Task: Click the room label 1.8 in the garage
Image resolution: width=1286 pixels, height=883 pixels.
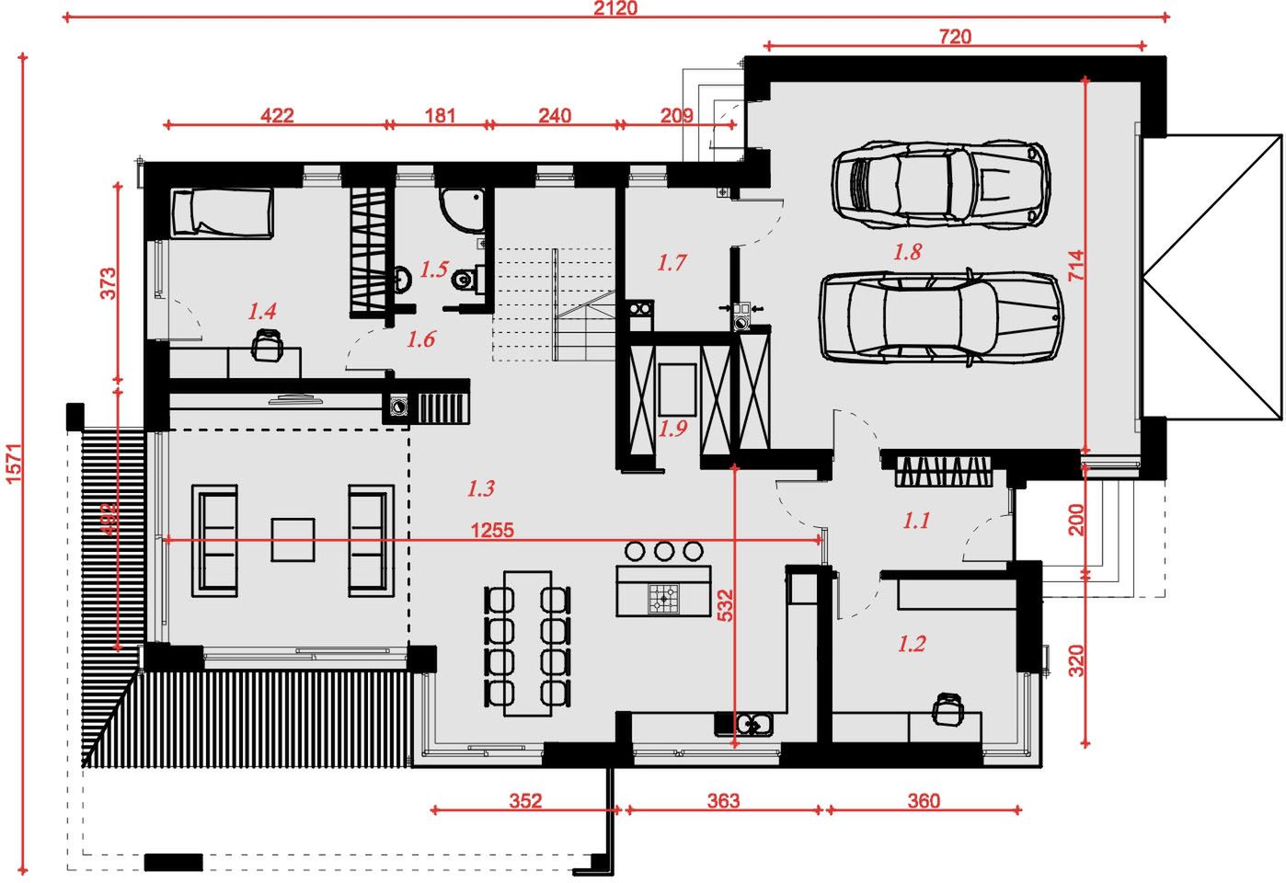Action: [x=907, y=251]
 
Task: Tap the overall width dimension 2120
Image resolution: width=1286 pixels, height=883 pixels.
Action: [x=614, y=8]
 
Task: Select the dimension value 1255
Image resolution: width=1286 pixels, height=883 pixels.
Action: [x=492, y=530]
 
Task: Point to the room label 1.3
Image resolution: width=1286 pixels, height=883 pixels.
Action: [x=480, y=488]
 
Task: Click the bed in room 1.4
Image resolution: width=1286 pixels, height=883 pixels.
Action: [x=223, y=213]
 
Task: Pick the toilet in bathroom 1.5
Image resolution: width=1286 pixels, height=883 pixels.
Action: [x=468, y=280]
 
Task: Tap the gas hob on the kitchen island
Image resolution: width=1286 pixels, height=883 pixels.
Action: [x=663, y=599]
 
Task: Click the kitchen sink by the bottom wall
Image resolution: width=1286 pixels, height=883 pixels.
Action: [x=753, y=724]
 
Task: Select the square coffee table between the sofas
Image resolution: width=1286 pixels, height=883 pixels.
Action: [x=293, y=540]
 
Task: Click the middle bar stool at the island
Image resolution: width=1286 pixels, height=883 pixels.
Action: [x=663, y=551]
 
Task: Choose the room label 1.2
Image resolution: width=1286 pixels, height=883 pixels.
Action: [x=912, y=644]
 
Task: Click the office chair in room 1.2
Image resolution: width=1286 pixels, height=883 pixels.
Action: [x=945, y=709]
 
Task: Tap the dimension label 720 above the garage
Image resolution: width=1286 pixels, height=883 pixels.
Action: [x=956, y=37]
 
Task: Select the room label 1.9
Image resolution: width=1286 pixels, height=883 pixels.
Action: [x=672, y=429]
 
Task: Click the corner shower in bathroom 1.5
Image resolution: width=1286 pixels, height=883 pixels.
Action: [x=462, y=210]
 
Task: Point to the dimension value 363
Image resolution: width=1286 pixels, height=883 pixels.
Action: [x=723, y=801]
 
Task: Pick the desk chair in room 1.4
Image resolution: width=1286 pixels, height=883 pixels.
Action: [x=268, y=345]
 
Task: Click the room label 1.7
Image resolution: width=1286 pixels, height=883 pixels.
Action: [x=672, y=263]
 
